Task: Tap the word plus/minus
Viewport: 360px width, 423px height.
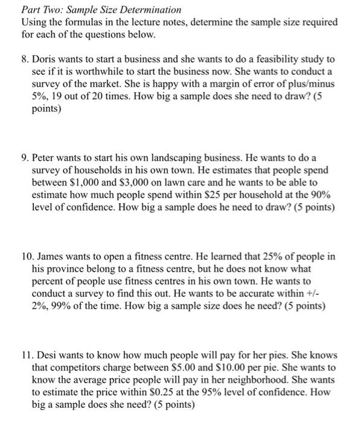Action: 306,84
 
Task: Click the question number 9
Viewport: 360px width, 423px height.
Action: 25,158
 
